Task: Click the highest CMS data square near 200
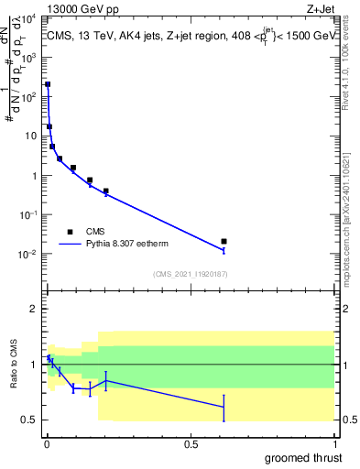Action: coord(48,84)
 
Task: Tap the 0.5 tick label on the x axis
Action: coord(191,443)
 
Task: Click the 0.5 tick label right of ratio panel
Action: coord(348,420)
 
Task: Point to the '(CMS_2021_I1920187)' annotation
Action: coord(190,274)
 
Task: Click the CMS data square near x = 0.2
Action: coord(106,191)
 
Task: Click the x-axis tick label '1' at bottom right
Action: coord(334,443)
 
